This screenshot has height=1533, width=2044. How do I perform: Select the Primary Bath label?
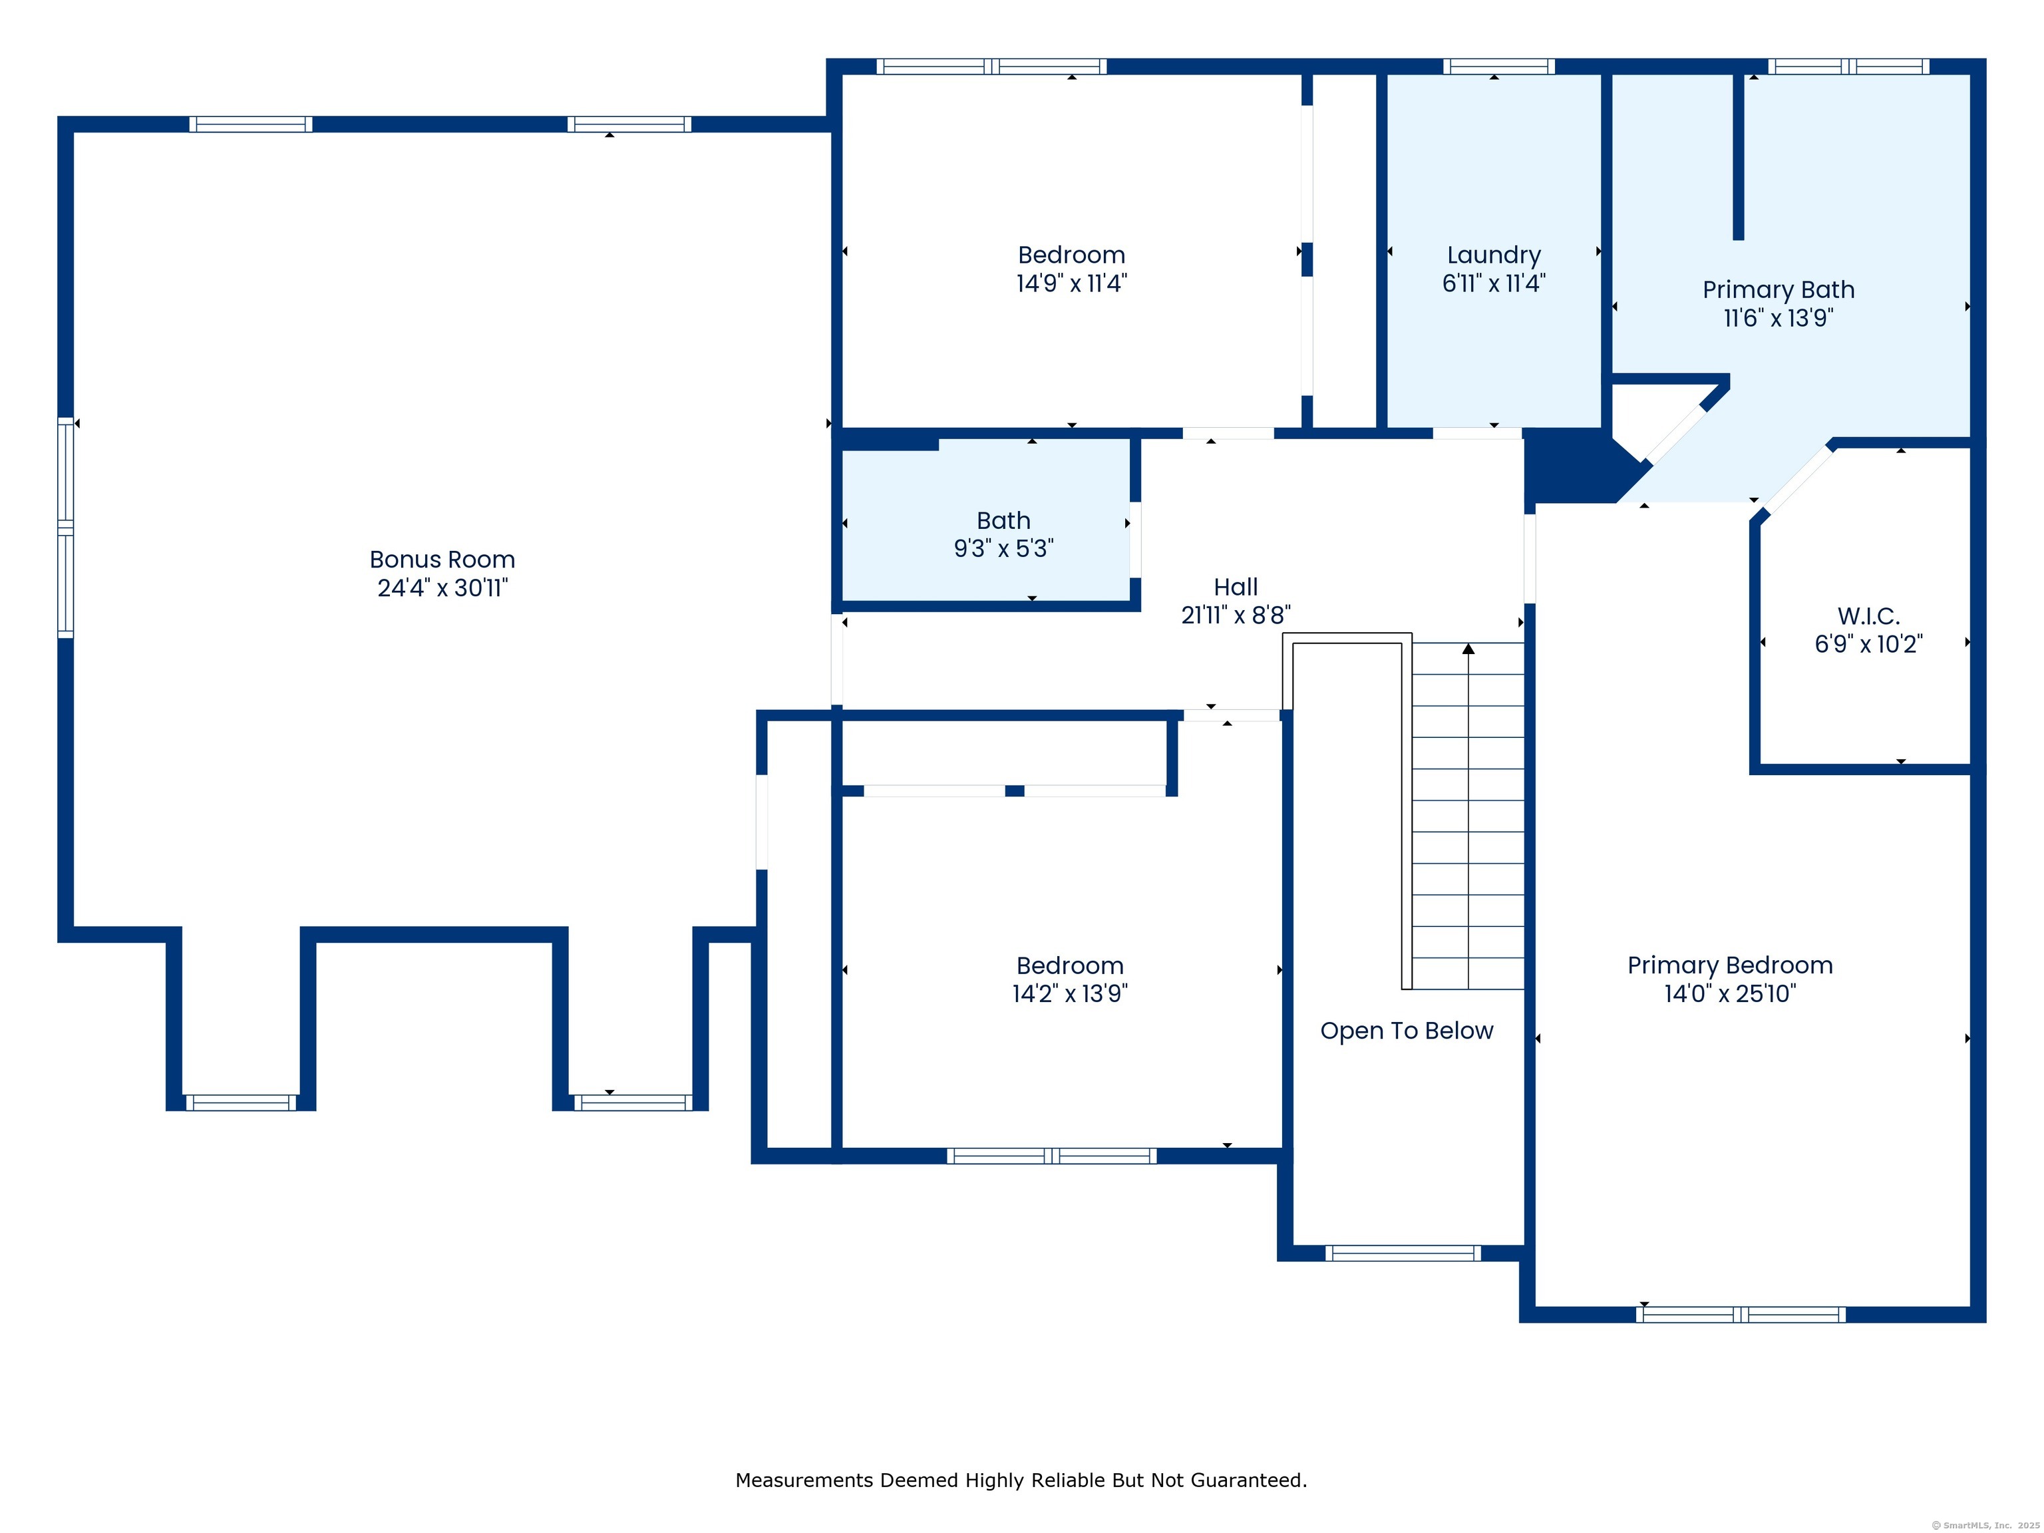click(1779, 289)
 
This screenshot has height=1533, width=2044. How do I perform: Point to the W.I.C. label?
click(1868, 615)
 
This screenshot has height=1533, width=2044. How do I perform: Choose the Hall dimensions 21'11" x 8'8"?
click(1236, 615)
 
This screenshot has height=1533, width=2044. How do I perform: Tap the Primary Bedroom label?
click(1730, 965)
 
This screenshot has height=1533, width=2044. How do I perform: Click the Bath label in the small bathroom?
click(1003, 520)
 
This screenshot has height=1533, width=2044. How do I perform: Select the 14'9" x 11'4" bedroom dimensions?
click(1072, 283)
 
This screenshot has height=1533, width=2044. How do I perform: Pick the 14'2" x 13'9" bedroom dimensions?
click(1070, 993)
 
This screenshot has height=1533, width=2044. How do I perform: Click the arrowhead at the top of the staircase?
click(1468, 649)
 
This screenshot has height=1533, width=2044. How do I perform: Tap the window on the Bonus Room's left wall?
click(66, 528)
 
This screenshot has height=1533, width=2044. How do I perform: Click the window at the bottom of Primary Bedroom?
click(1741, 1314)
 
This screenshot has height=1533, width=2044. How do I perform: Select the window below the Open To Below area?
click(1403, 1253)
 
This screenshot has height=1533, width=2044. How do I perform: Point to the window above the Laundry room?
click(1499, 67)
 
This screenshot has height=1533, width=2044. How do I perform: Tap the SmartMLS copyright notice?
click(1985, 1525)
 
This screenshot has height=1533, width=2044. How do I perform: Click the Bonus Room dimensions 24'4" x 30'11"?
click(442, 588)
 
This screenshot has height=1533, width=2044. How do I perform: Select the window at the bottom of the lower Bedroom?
click(1051, 1155)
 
